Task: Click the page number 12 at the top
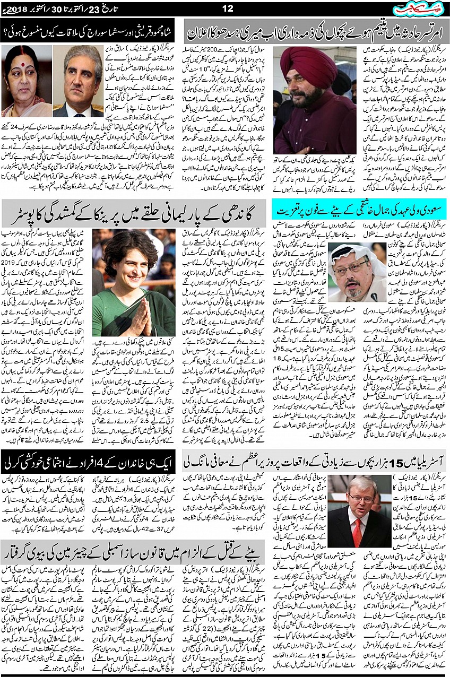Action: tap(228, 8)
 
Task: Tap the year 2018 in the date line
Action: tap(18, 9)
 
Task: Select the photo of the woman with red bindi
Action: tap(25, 80)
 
